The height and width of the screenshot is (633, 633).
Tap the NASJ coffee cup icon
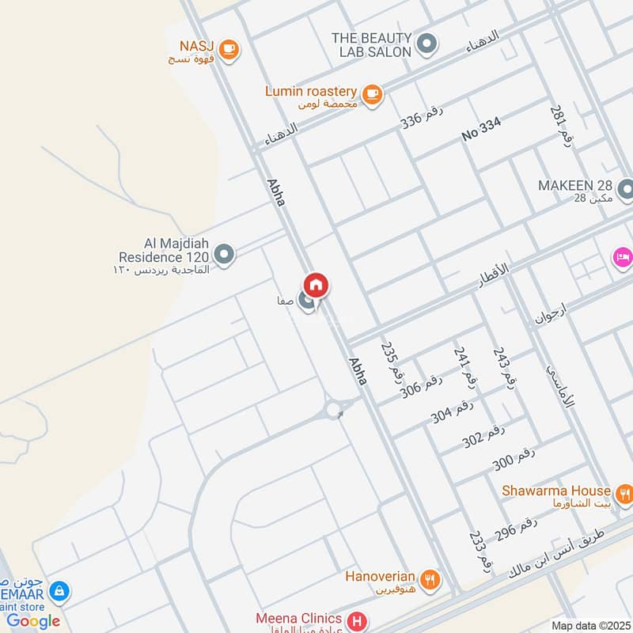229,50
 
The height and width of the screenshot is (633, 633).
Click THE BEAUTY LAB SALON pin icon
427,44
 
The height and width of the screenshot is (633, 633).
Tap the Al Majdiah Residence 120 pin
225,255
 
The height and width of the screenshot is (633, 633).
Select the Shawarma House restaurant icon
624,496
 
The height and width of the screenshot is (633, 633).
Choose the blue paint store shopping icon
59,591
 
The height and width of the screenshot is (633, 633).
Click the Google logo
33,621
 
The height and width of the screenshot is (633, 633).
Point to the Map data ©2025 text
589,626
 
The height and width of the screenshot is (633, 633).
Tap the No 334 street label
481,131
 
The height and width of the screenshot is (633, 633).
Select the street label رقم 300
514,458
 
